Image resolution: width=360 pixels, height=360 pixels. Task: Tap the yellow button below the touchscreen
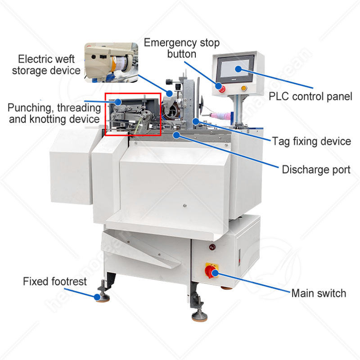(x=243, y=88)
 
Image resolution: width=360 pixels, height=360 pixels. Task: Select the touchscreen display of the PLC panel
(x=237, y=69)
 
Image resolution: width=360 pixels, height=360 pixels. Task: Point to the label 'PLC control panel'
(x=310, y=96)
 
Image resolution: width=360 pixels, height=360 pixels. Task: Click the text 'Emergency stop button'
(x=181, y=49)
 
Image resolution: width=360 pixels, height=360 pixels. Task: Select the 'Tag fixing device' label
(x=311, y=141)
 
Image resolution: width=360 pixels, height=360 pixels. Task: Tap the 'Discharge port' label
(x=316, y=170)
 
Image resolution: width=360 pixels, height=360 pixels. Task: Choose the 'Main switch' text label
(x=319, y=293)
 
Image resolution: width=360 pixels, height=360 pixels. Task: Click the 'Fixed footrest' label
(x=51, y=282)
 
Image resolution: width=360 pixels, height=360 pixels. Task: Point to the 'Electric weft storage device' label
(x=46, y=64)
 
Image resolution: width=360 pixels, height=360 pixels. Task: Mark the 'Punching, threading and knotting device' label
(x=54, y=113)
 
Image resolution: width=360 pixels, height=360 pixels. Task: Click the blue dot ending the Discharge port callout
(x=177, y=134)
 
